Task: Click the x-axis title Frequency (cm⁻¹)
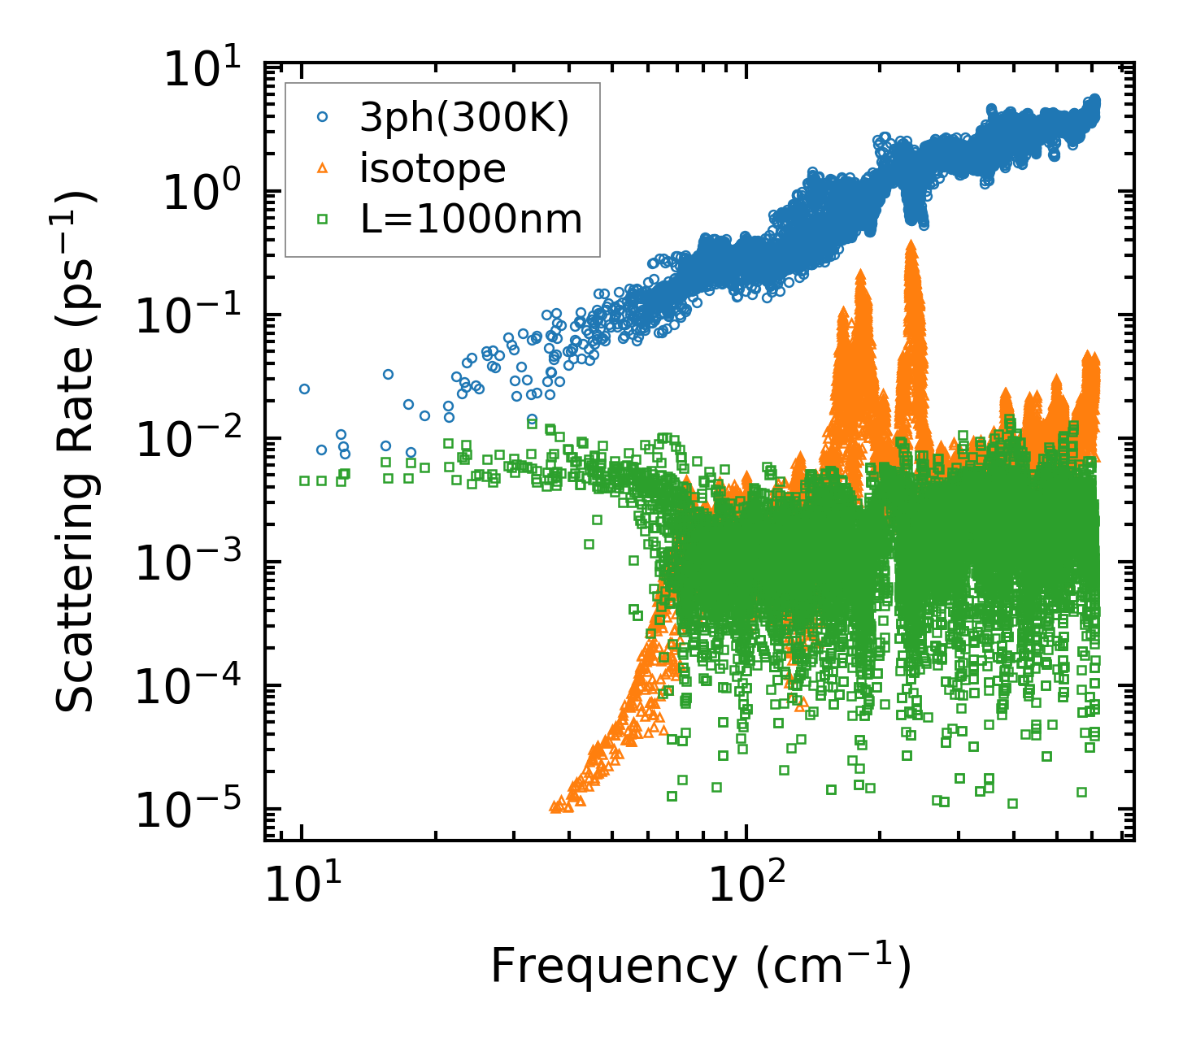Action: (700, 967)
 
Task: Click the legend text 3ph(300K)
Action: (464, 119)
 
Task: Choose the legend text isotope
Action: (433, 168)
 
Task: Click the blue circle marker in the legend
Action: (323, 118)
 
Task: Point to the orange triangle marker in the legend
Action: (323, 168)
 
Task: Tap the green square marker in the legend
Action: (323, 219)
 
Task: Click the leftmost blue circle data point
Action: (304, 389)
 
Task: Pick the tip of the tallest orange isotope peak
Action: (911, 243)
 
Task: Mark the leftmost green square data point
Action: (304, 480)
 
